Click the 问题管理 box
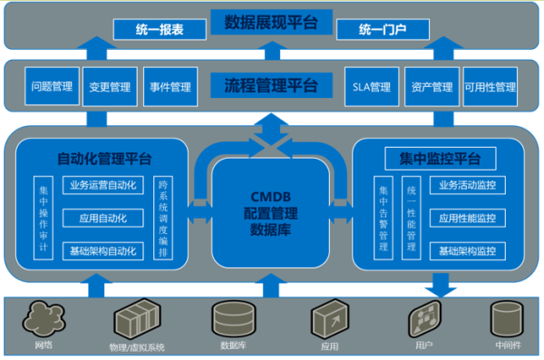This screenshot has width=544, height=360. [52, 87]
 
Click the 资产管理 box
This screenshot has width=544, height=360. [431, 88]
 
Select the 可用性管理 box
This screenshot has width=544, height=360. [490, 88]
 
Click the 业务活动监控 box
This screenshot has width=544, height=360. [466, 185]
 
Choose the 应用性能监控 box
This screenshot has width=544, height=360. [466, 218]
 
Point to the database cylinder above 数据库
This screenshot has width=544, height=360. [230, 318]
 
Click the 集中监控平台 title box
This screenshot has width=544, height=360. [439, 159]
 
